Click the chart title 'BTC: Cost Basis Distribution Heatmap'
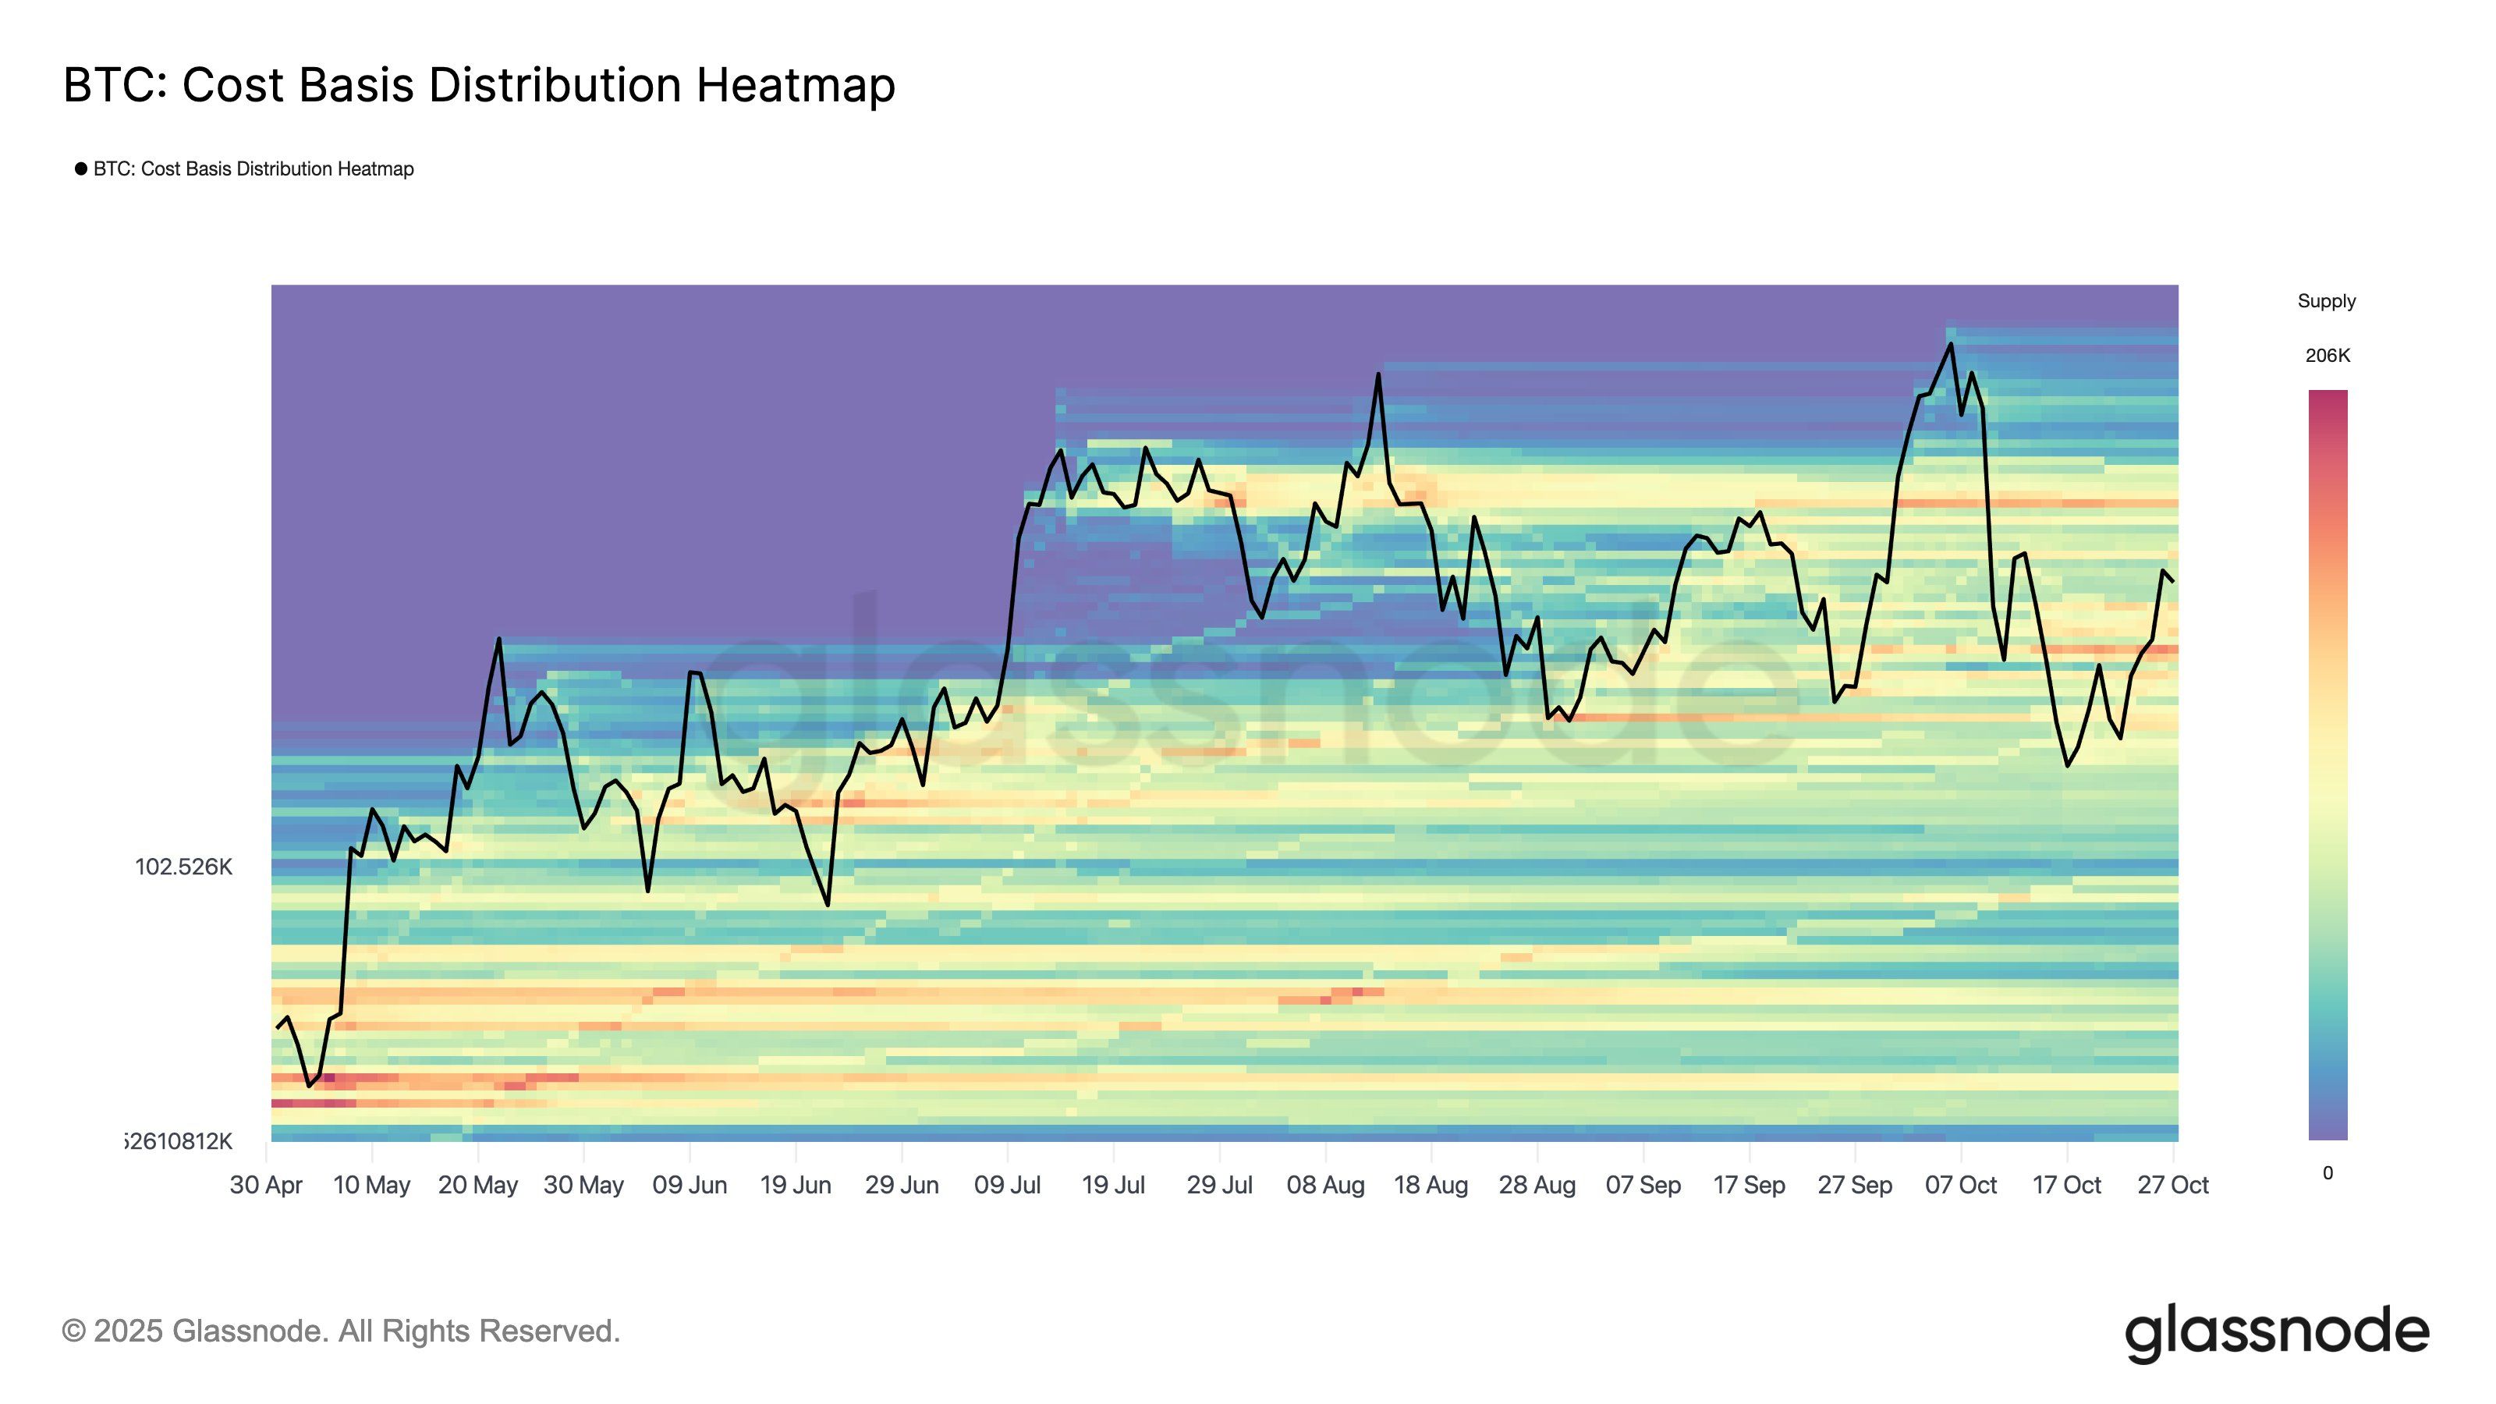(479, 85)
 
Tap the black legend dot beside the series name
(81, 168)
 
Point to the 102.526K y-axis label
(183, 867)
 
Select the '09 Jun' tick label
(689, 1185)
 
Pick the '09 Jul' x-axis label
(1007, 1185)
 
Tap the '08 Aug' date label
(1324, 1185)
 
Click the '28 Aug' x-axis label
(1537, 1185)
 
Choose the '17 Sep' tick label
(1748, 1185)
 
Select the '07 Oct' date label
(1960, 1185)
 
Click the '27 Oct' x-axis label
(2172, 1185)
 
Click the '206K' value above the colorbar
(2327, 356)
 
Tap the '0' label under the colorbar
(2328, 1173)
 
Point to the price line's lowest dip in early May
(309, 1085)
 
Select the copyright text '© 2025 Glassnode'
(340, 1331)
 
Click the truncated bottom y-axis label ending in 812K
(180, 1141)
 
